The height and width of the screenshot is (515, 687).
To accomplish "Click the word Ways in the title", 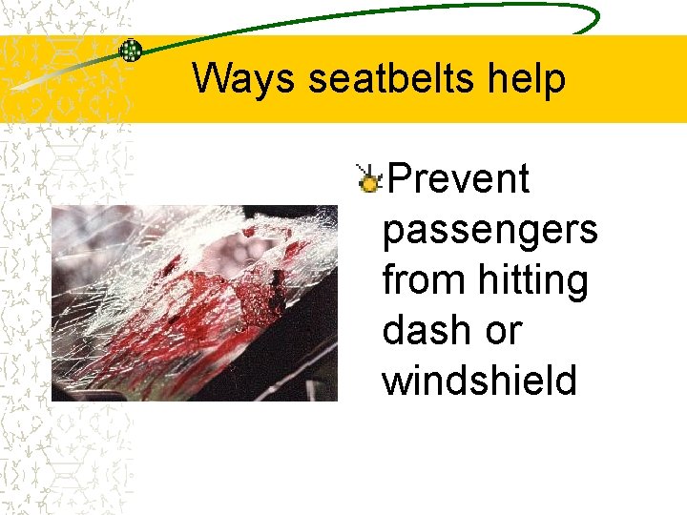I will click(x=244, y=79).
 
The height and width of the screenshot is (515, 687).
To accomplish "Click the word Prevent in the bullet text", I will click(x=459, y=178).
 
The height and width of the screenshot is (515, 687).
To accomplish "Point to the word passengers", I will click(x=489, y=230).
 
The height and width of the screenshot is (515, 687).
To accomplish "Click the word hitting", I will click(x=533, y=280).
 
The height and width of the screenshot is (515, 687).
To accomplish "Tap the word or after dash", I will click(x=504, y=331).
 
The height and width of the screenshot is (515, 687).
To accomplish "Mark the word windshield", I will click(x=479, y=381).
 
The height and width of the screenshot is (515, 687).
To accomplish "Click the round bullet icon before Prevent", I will click(x=367, y=175).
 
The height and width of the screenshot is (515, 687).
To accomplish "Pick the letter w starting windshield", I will click(x=396, y=381).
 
